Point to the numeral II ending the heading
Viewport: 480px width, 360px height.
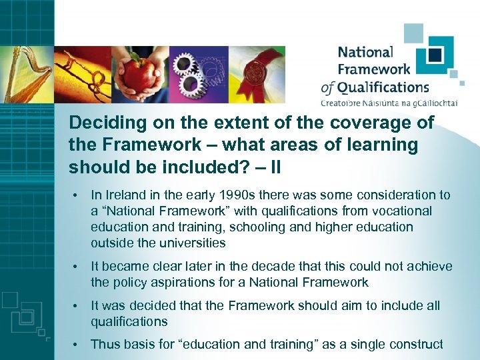273,167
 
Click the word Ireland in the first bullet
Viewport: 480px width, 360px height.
123,195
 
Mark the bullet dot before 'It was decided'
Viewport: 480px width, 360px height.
78,306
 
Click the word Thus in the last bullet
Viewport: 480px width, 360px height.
103,345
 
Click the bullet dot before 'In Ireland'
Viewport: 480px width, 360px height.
78,195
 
